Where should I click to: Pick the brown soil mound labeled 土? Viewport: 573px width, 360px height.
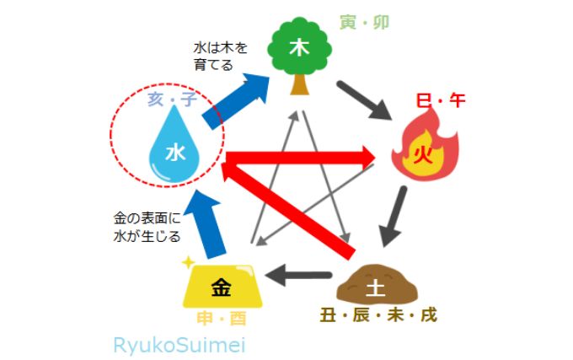coord(377,284)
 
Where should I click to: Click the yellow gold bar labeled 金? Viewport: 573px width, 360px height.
coord(222,286)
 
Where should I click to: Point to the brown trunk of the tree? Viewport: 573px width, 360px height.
coord(300,84)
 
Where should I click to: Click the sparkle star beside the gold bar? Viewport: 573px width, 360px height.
coord(188,262)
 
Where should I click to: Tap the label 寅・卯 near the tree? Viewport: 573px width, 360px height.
coord(364,22)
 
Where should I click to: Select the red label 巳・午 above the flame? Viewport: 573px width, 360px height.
coord(441,100)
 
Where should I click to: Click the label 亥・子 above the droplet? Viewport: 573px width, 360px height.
coord(173,99)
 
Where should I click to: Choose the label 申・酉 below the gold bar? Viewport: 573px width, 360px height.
coord(222,319)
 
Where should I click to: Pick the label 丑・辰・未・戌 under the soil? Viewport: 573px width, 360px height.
coord(378,315)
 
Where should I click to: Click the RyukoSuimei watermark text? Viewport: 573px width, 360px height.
coord(179,345)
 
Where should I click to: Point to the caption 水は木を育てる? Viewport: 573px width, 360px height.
coord(221,56)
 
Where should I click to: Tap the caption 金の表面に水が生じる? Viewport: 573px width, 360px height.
coord(147,228)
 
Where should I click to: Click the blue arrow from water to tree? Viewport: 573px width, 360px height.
coord(237,100)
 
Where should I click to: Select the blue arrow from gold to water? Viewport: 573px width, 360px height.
coord(205,223)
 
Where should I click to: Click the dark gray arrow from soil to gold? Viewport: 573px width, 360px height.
coord(297,275)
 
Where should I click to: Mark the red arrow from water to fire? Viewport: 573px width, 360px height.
coord(301,158)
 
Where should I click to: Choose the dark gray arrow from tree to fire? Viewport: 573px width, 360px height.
coord(364,100)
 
